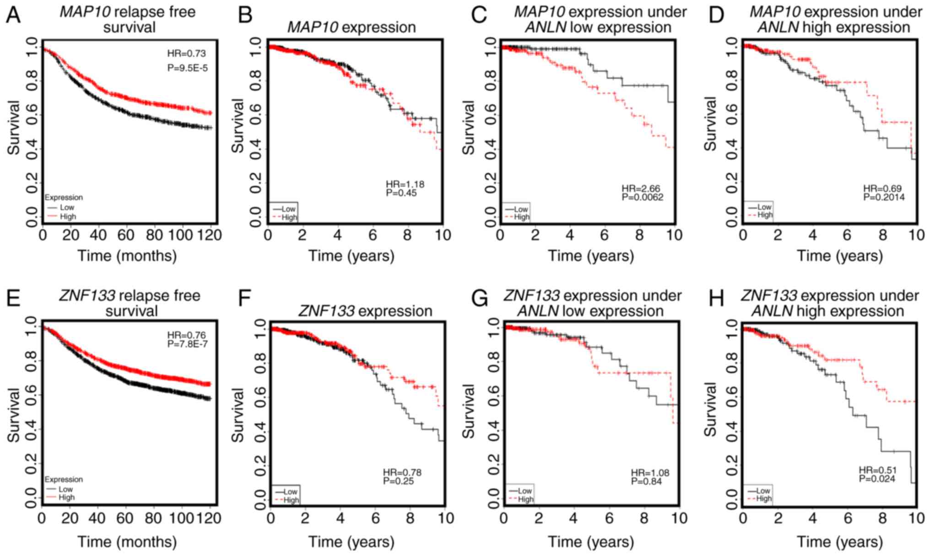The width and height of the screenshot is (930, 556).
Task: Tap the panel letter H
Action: pyautogui.click(x=715, y=298)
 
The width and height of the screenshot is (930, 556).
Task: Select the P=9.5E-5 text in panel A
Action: pyautogui.click(x=187, y=68)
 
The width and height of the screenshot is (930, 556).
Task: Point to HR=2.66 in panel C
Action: pyautogui.click(x=641, y=189)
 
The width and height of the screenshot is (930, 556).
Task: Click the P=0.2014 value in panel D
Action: pyautogui.click(x=884, y=197)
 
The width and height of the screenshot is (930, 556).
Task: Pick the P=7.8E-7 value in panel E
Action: pyautogui.click(x=187, y=343)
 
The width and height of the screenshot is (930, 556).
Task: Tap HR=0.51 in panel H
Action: pyautogui.click(x=877, y=470)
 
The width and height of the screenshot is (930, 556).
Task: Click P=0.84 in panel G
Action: pyautogui.click(x=646, y=481)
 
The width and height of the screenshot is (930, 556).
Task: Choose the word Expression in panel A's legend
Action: pyautogui.click(x=64, y=197)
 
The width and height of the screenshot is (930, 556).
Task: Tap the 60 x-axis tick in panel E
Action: pyautogui.click(x=125, y=518)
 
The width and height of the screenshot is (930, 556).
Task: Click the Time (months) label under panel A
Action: pyautogui.click(x=127, y=256)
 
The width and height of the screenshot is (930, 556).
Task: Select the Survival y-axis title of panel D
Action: pyautogui.click(x=710, y=124)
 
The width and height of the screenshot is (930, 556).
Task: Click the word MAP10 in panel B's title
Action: pyautogui.click(x=313, y=27)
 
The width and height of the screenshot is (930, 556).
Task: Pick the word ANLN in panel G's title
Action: pyautogui.click(x=538, y=311)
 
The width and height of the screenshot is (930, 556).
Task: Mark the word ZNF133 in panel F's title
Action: pyautogui.click(x=326, y=311)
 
